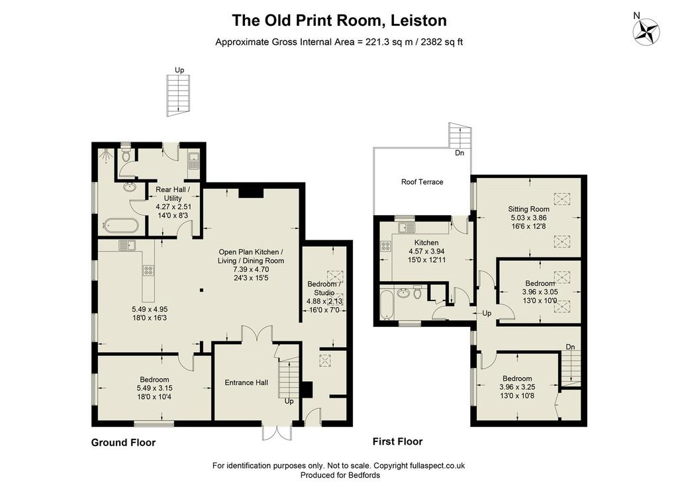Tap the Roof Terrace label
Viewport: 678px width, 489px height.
422,182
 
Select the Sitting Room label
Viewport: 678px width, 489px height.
528,209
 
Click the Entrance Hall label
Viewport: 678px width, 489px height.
246,382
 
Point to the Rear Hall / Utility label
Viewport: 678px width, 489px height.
173,193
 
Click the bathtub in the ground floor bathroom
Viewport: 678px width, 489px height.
121,226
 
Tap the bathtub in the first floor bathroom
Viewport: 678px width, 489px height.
386,304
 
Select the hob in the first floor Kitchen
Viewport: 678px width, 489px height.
385,246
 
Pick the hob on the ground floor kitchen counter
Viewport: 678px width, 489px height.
149,271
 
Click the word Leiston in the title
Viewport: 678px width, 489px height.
418,21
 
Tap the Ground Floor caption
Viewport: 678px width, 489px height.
123,442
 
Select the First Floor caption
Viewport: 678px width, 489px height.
397,441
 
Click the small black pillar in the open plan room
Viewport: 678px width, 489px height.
201,290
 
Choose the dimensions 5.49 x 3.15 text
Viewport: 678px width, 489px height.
154,388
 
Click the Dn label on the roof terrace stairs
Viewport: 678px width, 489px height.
460,153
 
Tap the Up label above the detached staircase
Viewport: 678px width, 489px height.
179,70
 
